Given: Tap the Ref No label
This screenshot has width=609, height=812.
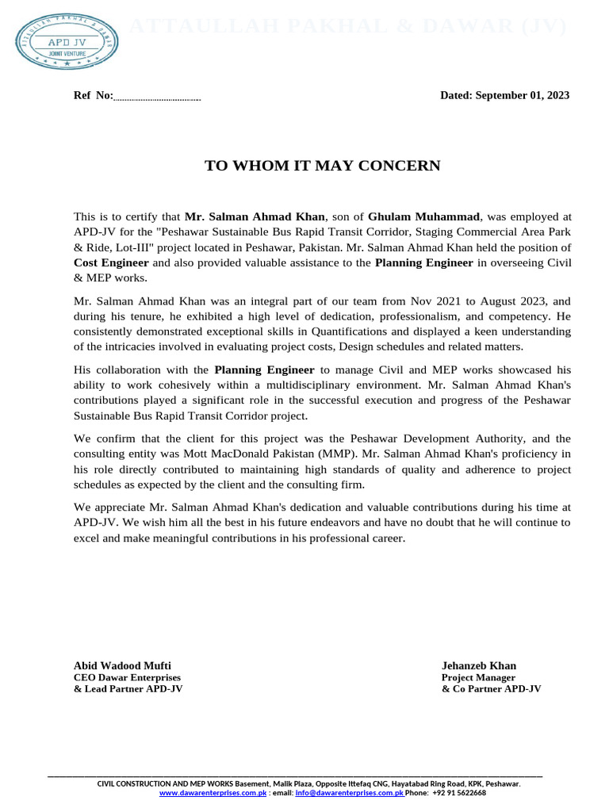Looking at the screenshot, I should [x=94, y=96].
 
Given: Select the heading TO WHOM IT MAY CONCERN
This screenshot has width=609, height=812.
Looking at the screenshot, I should [x=322, y=166].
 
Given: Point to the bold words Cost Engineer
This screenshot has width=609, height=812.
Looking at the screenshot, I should [x=111, y=262].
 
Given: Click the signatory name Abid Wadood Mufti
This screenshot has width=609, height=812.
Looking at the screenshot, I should [x=122, y=666].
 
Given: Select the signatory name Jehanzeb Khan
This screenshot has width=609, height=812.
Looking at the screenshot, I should [x=479, y=666].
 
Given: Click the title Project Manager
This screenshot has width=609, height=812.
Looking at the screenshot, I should [x=478, y=678].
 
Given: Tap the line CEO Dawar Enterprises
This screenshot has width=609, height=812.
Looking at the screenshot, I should [x=127, y=678].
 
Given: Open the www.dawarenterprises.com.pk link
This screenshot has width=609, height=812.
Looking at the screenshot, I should [x=213, y=792].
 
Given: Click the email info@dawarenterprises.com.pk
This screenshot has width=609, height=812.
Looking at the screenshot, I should [x=349, y=792].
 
